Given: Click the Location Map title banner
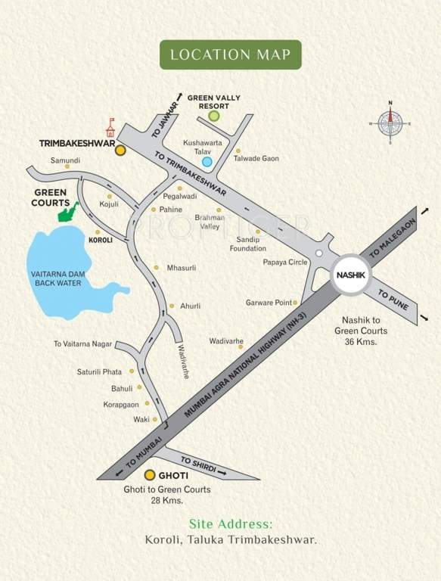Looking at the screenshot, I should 230,54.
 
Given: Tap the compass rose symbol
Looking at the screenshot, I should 391,120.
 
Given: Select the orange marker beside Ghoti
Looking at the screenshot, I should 149,475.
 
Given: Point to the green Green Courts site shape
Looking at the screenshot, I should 68,212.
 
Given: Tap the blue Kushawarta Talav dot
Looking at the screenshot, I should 207,161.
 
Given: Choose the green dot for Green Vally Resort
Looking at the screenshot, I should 214,116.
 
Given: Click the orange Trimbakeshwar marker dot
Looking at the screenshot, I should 120,151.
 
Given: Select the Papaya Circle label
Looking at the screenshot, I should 284,263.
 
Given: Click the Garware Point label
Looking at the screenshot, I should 268,303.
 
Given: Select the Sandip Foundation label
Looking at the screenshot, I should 248,244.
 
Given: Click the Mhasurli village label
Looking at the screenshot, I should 181,268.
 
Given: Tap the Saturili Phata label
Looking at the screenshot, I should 99,371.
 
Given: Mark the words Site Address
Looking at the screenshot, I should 230,524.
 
